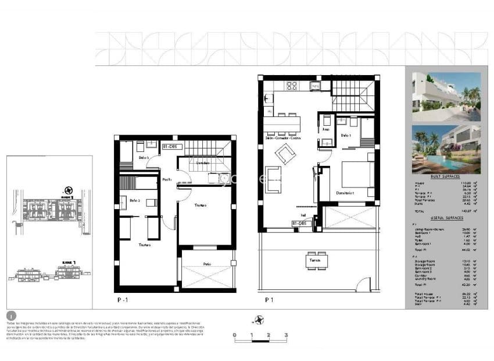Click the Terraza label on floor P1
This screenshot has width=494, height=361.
coord(314,259)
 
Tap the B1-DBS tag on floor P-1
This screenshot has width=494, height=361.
coord(169,147)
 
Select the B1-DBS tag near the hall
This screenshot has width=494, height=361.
coord(299,223)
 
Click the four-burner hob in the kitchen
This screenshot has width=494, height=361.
coord(292,86)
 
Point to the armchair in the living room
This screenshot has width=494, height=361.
coord(285,154)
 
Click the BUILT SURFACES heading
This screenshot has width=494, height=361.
coord(446,176)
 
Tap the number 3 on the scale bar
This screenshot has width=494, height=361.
coord(286,335)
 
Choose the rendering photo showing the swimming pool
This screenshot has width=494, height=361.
coord(446,149)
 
